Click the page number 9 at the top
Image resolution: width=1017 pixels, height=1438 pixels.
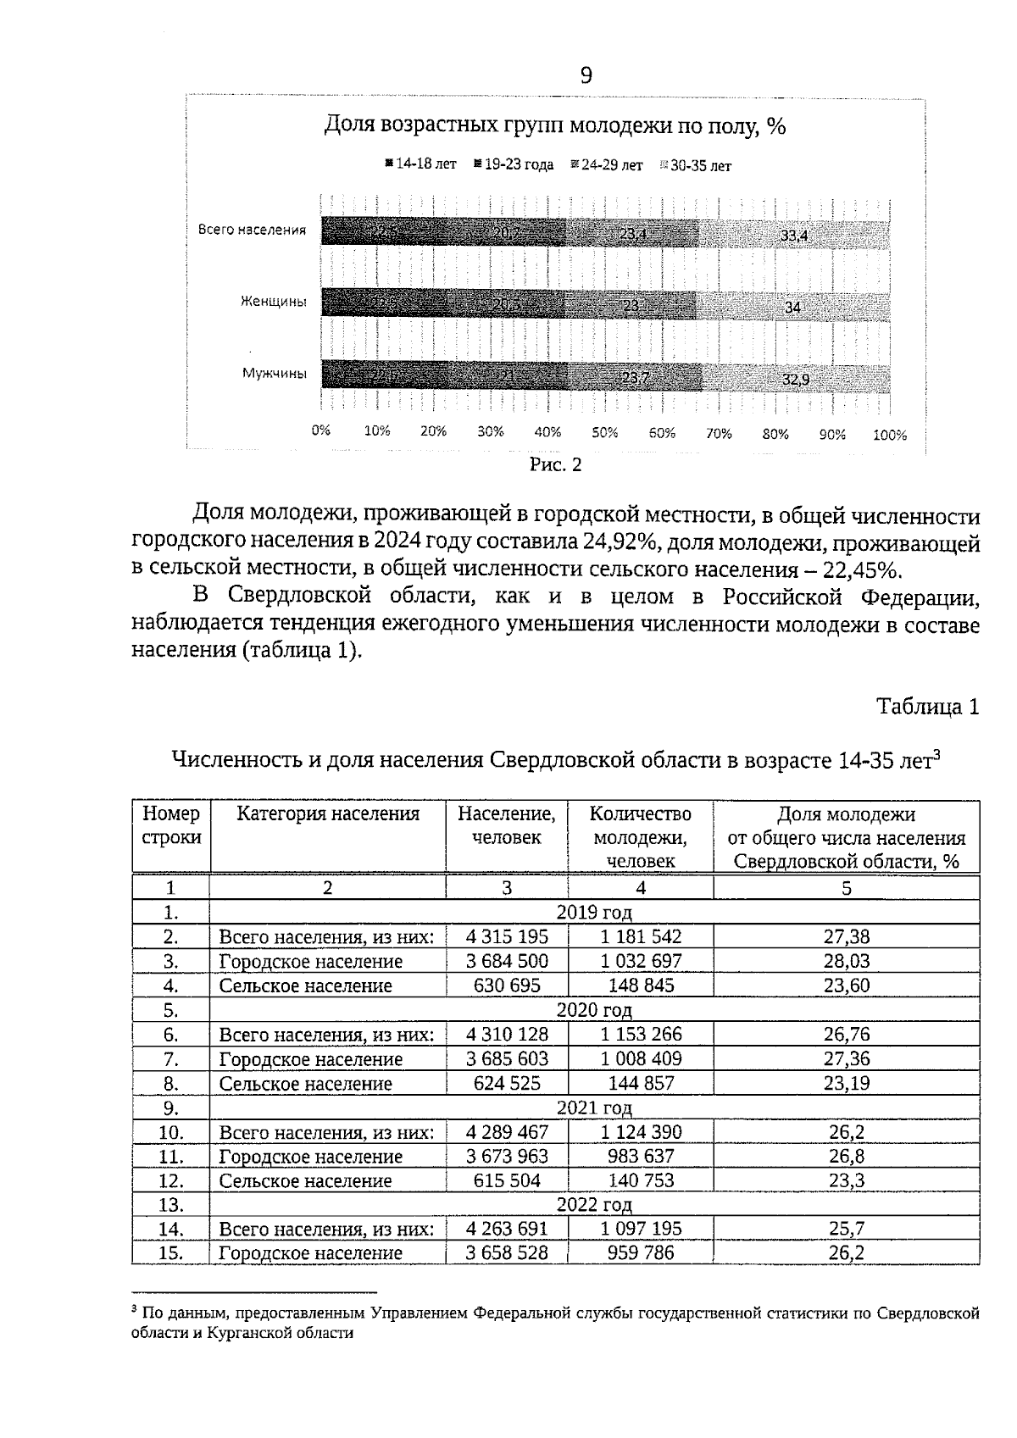(x=586, y=76)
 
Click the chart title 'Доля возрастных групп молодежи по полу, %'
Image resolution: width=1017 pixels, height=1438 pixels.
(x=556, y=127)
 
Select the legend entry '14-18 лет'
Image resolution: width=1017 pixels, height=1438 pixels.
(x=421, y=164)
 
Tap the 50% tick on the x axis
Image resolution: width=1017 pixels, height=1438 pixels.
(x=604, y=432)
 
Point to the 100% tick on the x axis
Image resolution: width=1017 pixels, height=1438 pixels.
(x=889, y=436)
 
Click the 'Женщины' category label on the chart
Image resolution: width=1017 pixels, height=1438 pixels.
(x=273, y=302)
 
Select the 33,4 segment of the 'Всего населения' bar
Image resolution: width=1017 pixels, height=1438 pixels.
(x=794, y=236)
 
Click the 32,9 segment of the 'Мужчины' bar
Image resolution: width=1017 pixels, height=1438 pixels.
(x=794, y=380)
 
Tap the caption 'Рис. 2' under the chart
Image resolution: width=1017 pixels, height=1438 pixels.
(x=555, y=465)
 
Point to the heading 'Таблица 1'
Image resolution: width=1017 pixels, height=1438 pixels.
(x=928, y=707)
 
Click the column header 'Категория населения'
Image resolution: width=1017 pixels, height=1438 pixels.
(x=328, y=814)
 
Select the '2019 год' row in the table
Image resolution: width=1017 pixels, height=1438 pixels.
(x=593, y=913)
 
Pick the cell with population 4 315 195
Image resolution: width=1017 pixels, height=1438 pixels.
(x=507, y=936)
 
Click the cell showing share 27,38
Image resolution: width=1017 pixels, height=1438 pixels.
(x=846, y=936)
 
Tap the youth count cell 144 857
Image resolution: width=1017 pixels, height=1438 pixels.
(x=641, y=1083)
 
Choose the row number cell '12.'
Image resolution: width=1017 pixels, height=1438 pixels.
(x=170, y=1180)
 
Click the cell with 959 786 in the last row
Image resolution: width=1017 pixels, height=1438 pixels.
(x=641, y=1252)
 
